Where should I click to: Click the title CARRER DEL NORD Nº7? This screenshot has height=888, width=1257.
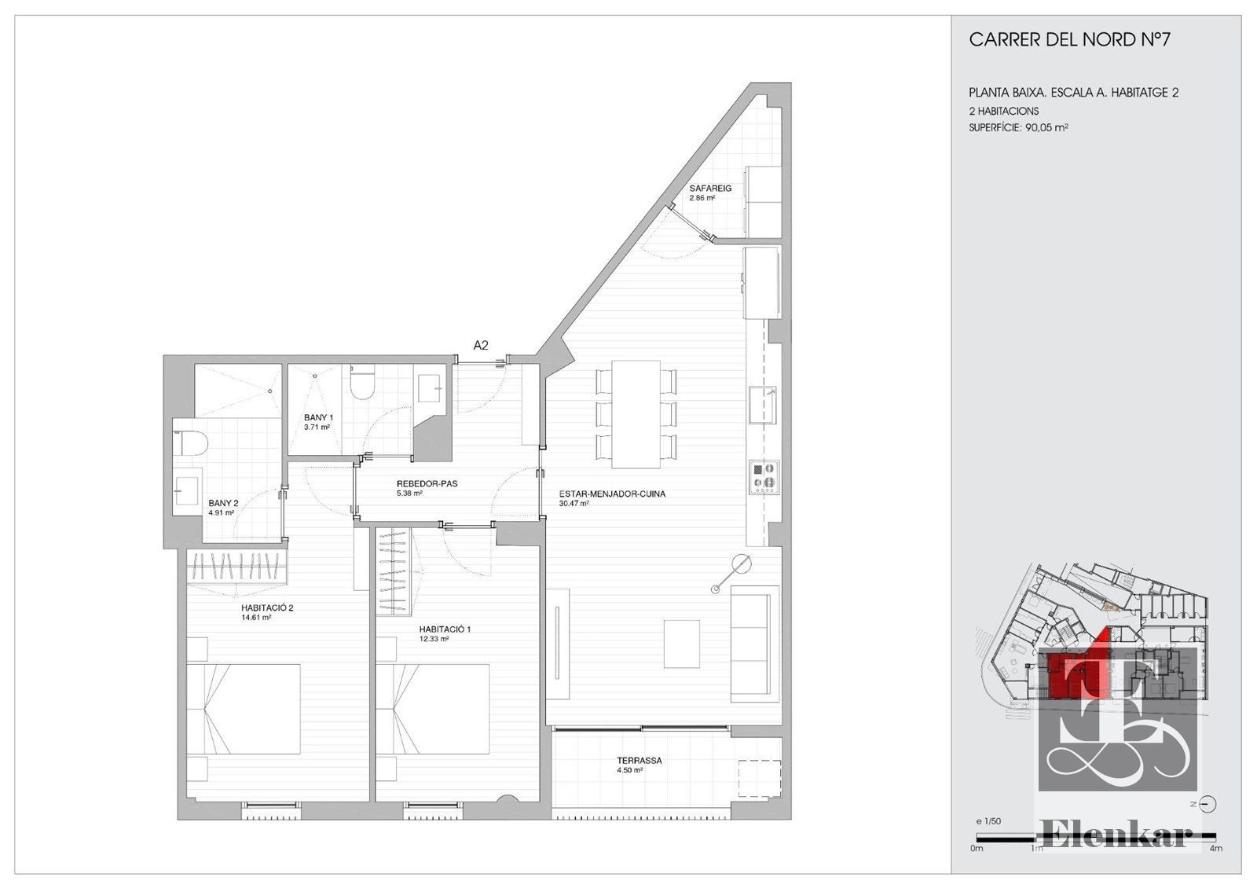(x=1069, y=40)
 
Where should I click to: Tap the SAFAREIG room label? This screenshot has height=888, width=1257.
(x=710, y=188)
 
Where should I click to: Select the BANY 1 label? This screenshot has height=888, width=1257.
(x=319, y=417)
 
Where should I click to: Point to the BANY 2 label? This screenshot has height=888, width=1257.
(x=223, y=503)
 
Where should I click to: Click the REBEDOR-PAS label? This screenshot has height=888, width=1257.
(x=427, y=483)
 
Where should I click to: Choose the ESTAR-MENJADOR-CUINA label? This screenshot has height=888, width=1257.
(x=612, y=494)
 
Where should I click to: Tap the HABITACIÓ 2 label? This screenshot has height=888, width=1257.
(x=268, y=607)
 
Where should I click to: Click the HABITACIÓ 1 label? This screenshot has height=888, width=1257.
(x=445, y=629)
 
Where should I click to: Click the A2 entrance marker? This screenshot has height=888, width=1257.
(x=481, y=345)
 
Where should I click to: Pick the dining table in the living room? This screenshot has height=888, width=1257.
(x=636, y=414)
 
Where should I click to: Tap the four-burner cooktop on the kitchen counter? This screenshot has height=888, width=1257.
(x=764, y=477)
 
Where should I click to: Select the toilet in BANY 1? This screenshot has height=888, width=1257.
(x=362, y=382)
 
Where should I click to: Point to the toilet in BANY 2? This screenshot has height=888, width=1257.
(x=190, y=443)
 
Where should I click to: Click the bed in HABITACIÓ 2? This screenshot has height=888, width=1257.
(x=243, y=709)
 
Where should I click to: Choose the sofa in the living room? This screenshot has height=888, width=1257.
(x=755, y=644)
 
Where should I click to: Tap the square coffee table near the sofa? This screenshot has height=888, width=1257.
(x=682, y=644)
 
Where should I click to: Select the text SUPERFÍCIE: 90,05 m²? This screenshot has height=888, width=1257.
(x=1018, y=127)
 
